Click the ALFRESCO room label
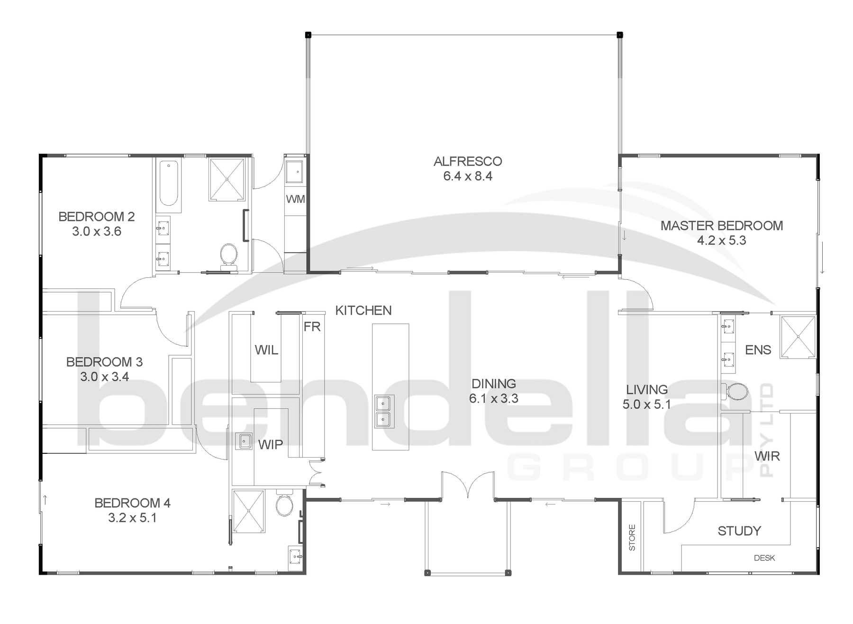point(467,162)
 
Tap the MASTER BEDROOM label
point(721,226)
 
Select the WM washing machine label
point(295,199)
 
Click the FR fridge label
point(312,327)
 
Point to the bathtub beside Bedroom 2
point(168,184)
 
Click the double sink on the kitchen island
point(383,411)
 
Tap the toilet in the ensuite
point(736,392)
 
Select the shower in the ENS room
point(798,336)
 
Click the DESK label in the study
point(764,558)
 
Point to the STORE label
point(632,538)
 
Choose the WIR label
point(767,456)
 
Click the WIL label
point(266,350)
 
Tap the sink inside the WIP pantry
point(244,441)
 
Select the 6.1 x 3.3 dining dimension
point(493,399)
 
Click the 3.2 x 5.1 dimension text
point(132,518)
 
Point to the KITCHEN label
point(363,311)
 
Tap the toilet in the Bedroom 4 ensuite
point(284,505)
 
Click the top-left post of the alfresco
point(308,35)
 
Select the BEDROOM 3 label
point(104,362)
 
